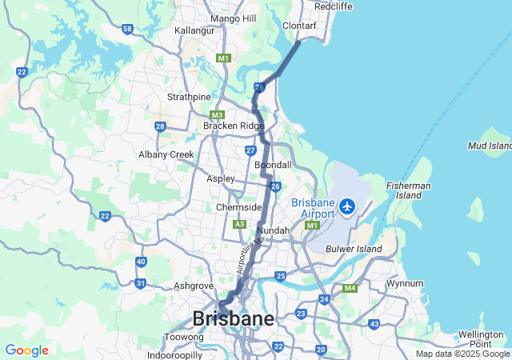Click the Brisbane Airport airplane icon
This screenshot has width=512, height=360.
click(x=347, y=206)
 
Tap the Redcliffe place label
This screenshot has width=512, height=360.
click(x=334, y=6)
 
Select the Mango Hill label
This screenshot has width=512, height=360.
click(x=232, y=18)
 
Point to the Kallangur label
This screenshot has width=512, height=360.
click(x=197, y=30)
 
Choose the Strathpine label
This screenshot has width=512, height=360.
click(x=188, y=97)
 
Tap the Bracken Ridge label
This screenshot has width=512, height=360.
click(x=233, y=126)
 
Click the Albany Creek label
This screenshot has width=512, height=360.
click(x=166, y=154)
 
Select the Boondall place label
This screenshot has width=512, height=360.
click(x=273, y=165)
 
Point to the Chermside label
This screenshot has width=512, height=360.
click(x=239, y=207)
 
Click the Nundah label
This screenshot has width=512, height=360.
click(x=273, y=230)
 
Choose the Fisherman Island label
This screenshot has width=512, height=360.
click(x=410, y=190)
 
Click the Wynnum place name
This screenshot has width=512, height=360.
click(x=405, y=283)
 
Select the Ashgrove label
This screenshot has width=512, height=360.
click(x=194, y=286)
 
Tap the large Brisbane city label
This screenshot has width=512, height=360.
click(x=233, y=318)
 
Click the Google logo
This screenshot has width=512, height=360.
click(x=26, y=350)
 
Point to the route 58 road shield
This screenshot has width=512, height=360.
click(x=127, y=29)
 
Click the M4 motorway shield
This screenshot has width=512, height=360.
click(x=349, y=288)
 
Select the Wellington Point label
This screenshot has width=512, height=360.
click(x=481, y=338)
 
